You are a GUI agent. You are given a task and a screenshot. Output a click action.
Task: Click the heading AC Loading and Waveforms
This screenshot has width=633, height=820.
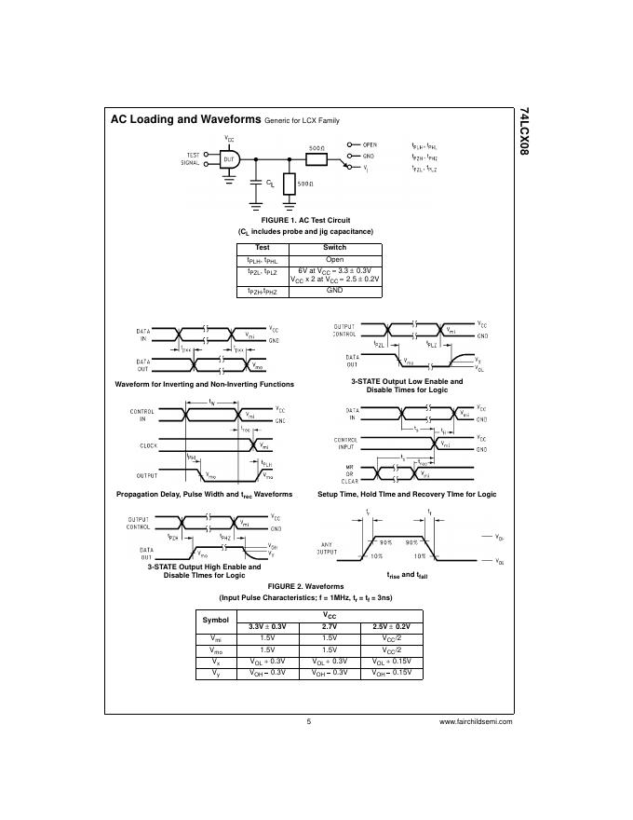pyautogui.click(x=185, y=120)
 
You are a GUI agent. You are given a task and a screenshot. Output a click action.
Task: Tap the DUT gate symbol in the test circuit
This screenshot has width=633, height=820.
pyautogui.click(x=230, y=159)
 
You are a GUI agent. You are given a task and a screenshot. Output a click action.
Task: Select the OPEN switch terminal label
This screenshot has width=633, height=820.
pyautogui.click(x=370, y=144)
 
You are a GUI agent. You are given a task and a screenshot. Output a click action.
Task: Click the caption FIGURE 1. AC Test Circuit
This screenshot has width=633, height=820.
pyautogui.click(x=305, y=220)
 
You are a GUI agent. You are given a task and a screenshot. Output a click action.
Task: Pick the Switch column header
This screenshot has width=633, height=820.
pyautogui.click(x=334, y=248)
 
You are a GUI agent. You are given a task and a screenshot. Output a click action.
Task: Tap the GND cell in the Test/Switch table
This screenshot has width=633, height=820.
pyautogui.click(x=334, y=291)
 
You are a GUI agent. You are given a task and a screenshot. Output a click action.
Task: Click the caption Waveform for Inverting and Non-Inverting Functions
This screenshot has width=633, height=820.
pyautogui.click(x=204, y=384)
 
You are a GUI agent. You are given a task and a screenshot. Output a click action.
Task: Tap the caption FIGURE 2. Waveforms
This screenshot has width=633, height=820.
pyautogui.click(x=306, y=586)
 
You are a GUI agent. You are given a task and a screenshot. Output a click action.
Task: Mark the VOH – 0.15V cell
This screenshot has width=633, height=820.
pyautogui.click(x=391, y=672)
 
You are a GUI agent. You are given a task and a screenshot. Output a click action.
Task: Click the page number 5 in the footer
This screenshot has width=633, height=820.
pyautogui.click(x=308, y=721)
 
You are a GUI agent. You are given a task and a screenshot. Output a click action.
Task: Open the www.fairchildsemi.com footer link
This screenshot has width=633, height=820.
pyautogui.click(x=475, y=721)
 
